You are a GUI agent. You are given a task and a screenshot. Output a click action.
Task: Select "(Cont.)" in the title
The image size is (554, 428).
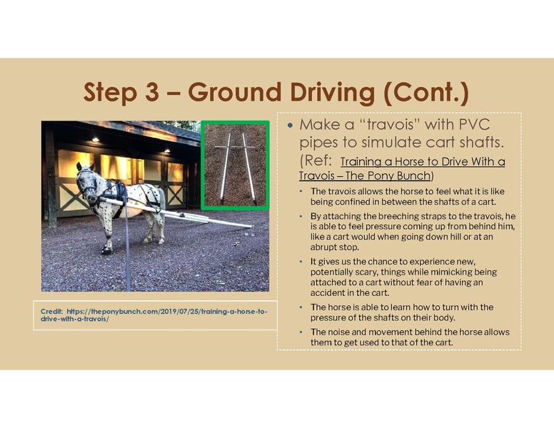pyautogui.click(x=425, y=93)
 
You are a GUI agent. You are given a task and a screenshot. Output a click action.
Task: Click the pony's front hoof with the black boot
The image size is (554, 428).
pyautogui.click(x=107, y=250)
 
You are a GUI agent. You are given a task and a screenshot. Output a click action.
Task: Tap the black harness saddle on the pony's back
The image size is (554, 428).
pyautogui.click(x=118, y=191)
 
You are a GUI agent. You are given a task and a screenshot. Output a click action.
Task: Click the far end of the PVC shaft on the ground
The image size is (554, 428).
pyautogui.click(x=246, y=226)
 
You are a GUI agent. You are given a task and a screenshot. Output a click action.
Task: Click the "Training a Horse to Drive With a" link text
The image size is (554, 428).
pyautogui.click(x=423, y=162)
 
